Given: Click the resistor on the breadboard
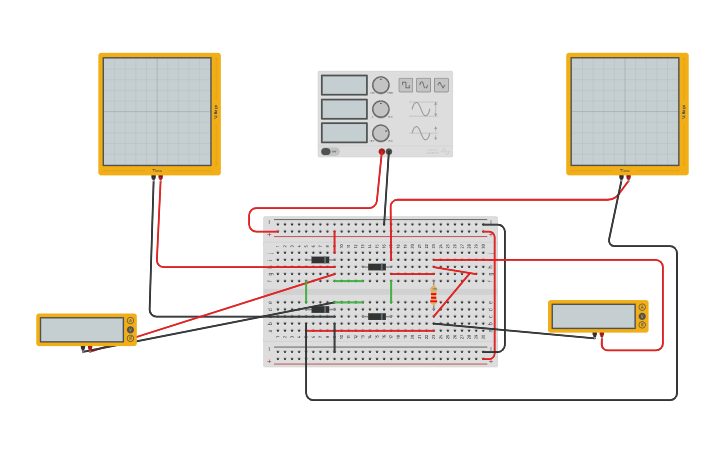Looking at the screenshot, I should (433, 295).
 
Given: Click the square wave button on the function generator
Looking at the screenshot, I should (406, 85).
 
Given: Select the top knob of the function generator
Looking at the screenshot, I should (381, 85).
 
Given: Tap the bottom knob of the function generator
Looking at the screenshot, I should (381, 133).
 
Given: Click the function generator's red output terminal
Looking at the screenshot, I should (382, 152).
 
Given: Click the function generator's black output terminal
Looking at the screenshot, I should (389, 152).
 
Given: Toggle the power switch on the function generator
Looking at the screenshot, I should (328, 152).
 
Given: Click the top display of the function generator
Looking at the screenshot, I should (344, 85).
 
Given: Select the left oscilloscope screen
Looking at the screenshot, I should (157, 111).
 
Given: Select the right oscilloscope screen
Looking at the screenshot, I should (625, 111).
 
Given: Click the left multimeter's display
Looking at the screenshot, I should (81, 330).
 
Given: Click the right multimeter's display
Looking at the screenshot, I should (593, 316).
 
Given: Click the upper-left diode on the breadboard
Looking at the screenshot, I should (320, 260).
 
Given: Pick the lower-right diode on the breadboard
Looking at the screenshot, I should (376, 316).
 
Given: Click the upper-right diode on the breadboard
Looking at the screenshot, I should (376, 267).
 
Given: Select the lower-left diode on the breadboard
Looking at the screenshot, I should (320, 309).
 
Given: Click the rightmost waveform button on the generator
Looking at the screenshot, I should (441, 85).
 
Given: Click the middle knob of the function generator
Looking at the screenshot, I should (381, 109).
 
